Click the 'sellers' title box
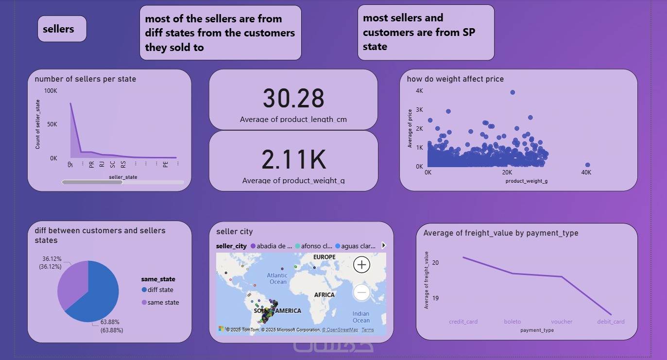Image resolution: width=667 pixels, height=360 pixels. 62,29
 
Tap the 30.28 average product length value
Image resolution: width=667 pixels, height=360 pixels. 293,98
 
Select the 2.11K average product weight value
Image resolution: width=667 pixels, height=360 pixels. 293,159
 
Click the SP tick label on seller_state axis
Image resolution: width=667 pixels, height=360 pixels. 70,164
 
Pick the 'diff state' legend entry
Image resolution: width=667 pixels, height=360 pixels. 157,290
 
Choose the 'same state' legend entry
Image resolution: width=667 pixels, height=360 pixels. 160,303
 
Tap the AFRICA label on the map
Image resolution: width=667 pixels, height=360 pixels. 324,295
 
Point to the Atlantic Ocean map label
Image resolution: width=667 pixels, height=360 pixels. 278,278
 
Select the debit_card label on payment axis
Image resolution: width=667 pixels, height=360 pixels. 611,322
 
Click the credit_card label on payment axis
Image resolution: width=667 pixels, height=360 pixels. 463,322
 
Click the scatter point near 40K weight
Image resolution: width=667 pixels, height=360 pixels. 587,165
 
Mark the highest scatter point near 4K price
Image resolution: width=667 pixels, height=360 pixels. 513,92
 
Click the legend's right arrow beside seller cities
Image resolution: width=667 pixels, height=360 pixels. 384,246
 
